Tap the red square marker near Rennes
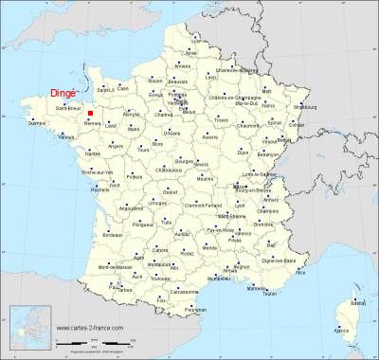[90, 113]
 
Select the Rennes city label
[93, 124]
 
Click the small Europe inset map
[28, 329]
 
